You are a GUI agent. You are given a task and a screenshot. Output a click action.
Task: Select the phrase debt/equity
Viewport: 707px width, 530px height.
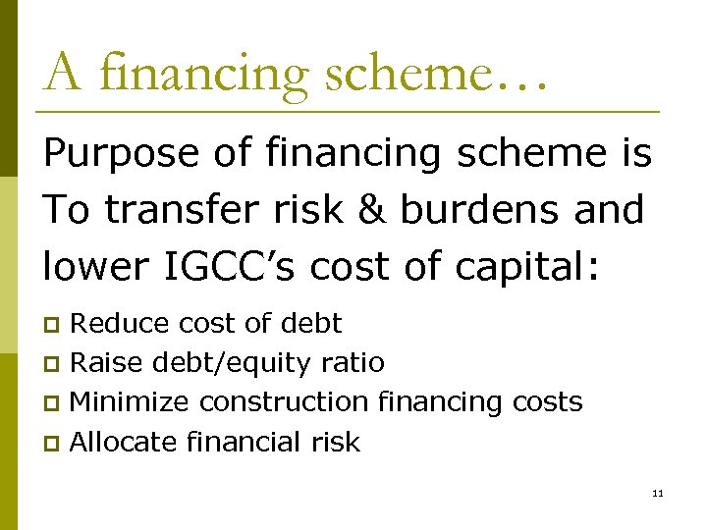[234, 364]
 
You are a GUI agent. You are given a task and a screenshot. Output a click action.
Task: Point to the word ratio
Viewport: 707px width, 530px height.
[354, 363]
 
